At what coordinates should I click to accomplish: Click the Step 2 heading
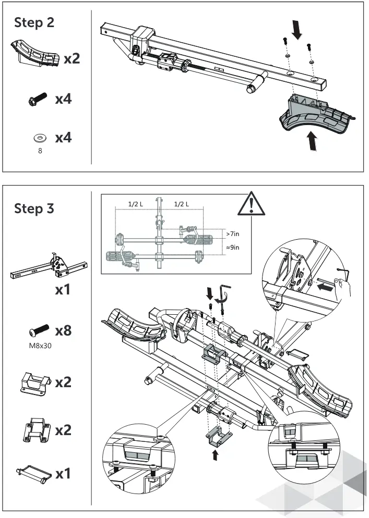[34, 22]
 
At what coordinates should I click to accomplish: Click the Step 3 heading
[34, 208]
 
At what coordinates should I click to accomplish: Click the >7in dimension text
[233, 233]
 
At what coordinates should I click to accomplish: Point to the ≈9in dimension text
[233, 248]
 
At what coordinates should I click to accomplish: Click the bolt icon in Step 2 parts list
[37, 99]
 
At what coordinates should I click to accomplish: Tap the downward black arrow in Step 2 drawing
[297, 31]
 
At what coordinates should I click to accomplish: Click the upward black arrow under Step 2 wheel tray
[312, 141]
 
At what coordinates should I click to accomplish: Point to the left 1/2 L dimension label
[137, 204]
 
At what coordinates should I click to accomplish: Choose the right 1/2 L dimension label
[181, 204]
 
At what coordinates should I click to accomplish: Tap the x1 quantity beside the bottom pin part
[63, 474]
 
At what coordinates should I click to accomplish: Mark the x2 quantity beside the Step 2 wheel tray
[72, 59]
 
